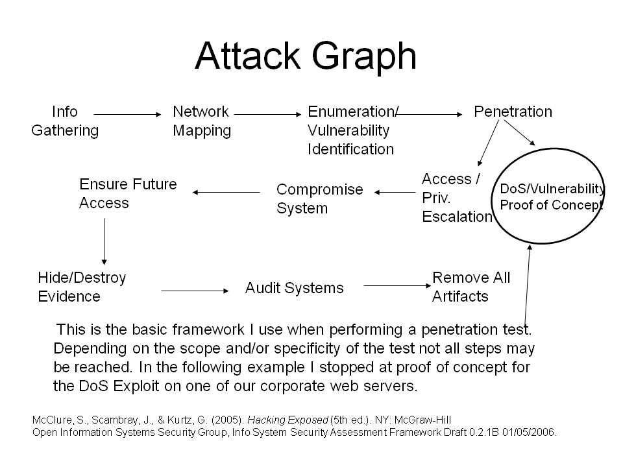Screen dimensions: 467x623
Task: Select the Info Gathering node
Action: click(65, 121)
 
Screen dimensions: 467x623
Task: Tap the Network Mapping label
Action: click(201, 121)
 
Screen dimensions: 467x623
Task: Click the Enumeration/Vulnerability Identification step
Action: click(352, 130)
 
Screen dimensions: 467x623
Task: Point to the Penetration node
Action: click(513, 112)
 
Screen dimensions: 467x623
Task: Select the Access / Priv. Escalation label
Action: click(456, 198)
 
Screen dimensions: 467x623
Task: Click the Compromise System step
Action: click(319, 198)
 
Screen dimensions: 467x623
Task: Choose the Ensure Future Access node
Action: click(127, 193)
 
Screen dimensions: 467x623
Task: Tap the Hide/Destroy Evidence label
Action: click(82, 287)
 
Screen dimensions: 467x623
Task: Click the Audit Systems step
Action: click(294, 288)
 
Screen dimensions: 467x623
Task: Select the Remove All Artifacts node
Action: click(471, 287)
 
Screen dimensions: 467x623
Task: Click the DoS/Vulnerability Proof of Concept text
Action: click(552, 197)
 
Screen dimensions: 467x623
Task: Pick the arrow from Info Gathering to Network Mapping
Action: click(127, 114)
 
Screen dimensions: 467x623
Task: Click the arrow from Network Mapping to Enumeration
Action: click(268, 114)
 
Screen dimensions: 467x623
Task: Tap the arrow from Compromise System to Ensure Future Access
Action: click(226, 191)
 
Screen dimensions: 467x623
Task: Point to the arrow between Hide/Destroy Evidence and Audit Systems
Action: click(192, 291)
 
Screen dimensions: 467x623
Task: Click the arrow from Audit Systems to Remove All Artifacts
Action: click(397, 285)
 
